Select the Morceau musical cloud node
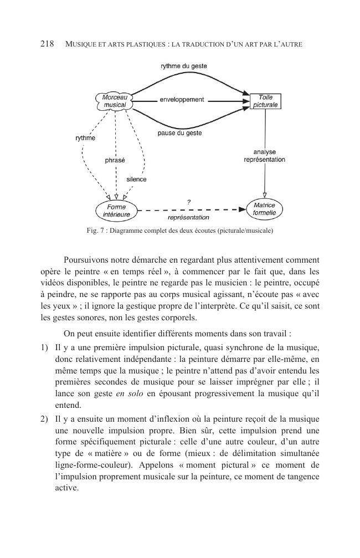[115, 101]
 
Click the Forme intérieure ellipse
[116, 211]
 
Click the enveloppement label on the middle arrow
[182, 100]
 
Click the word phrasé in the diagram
[115, 160]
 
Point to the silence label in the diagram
[136, 180]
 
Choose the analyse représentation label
[264, 156]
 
